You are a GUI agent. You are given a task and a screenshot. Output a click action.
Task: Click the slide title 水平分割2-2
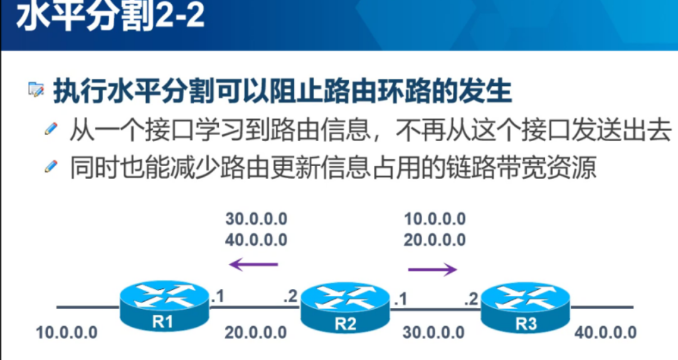[110, 18]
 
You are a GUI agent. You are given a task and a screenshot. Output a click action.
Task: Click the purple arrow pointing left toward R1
[253, 264]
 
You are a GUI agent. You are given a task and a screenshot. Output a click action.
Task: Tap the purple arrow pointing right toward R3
[433, 270]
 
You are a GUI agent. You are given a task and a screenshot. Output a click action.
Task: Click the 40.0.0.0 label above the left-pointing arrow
[256, 239]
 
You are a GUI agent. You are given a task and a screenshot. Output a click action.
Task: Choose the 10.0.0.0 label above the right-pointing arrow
[435, 219]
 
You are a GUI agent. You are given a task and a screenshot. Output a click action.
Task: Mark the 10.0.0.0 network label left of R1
[66, 332]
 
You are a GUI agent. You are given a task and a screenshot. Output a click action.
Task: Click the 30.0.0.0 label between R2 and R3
[434, 332]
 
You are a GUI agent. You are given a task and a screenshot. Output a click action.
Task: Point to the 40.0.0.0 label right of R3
[605, 332]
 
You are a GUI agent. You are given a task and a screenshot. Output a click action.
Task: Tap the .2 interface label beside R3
[472, 299]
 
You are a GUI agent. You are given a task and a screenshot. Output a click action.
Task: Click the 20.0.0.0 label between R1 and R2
[256, 332]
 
